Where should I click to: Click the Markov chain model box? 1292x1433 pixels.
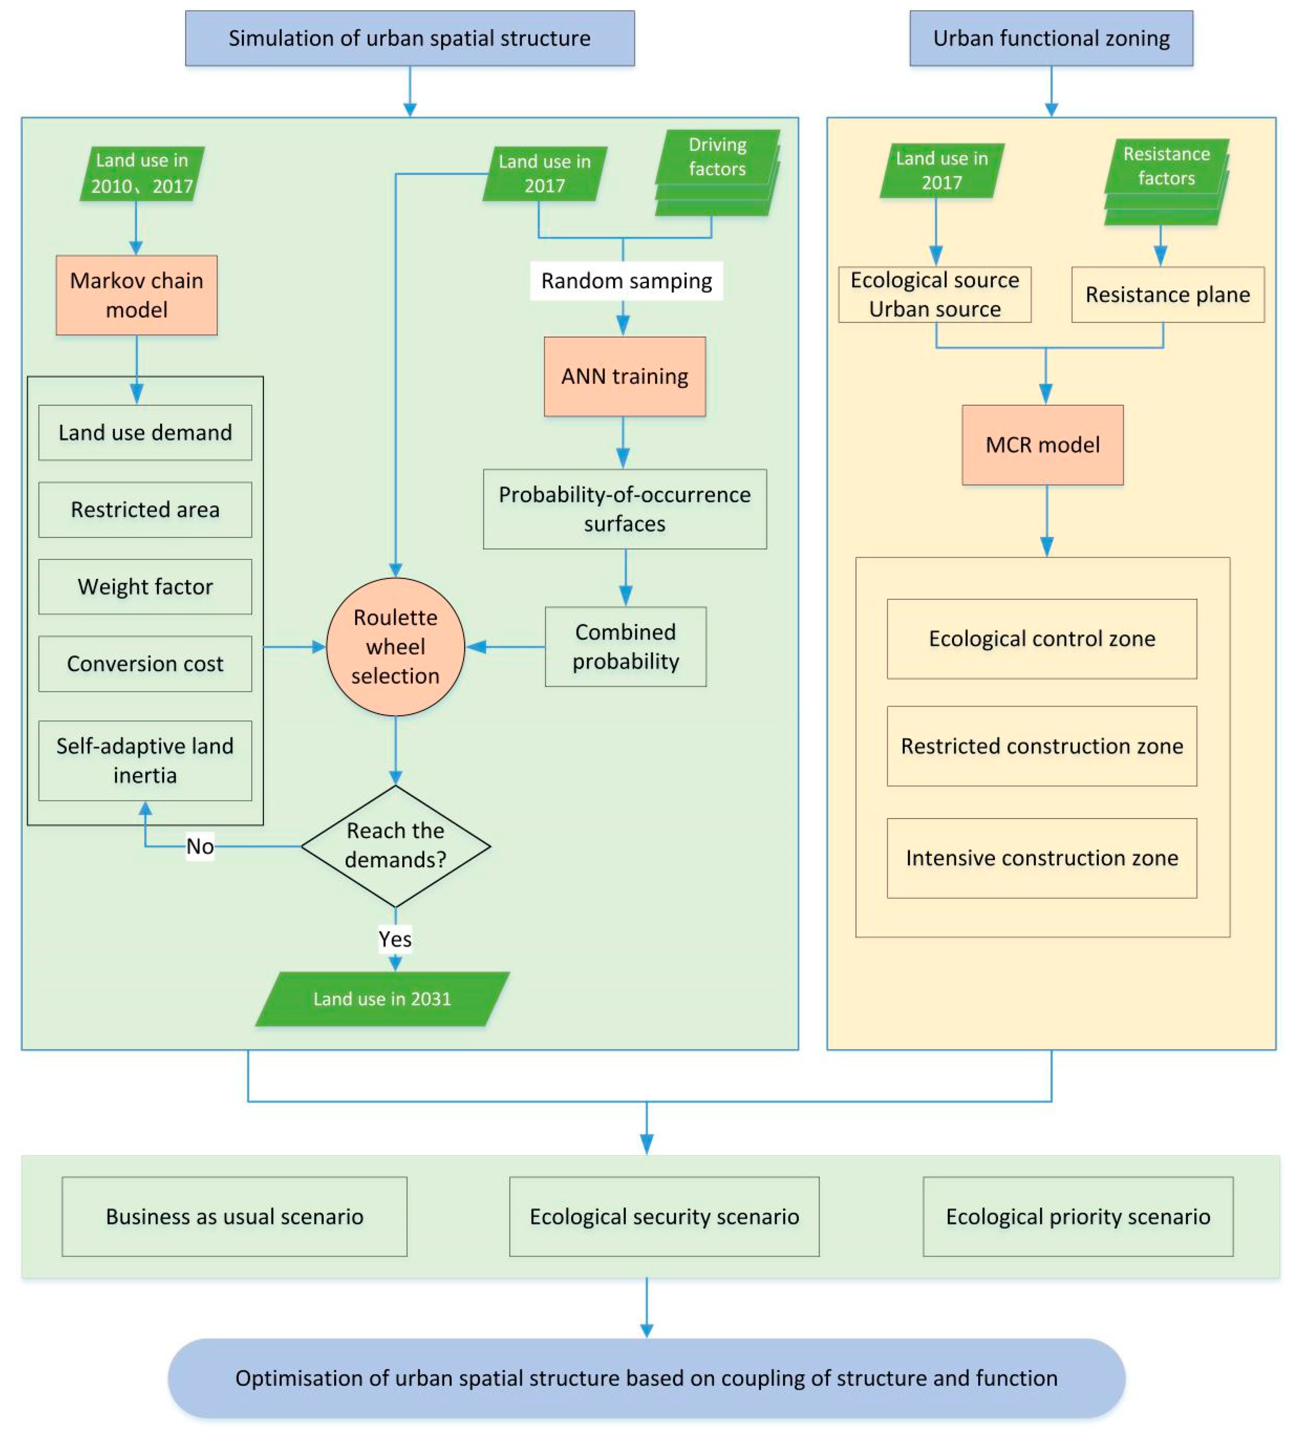[136, 295]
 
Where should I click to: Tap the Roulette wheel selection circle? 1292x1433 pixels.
[395, 647]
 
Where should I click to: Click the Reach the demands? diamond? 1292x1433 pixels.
[395, 845]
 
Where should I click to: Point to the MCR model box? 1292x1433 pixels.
[1042, 445]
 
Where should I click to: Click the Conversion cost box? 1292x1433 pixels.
[145, 664]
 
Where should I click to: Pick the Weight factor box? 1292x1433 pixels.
[145, 586]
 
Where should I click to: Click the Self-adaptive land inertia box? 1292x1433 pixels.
[145, 760]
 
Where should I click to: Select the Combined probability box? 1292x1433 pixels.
[625, 647]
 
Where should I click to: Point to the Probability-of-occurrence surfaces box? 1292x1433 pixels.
[625, 509]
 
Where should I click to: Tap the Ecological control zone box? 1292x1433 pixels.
[1042, 639]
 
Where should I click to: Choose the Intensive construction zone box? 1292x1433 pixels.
[1042, 858]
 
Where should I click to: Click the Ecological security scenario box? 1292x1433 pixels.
[664, 1216]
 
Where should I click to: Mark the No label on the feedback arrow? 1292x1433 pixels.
[200, 846]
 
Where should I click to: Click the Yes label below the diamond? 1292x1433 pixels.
[395, 939]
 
